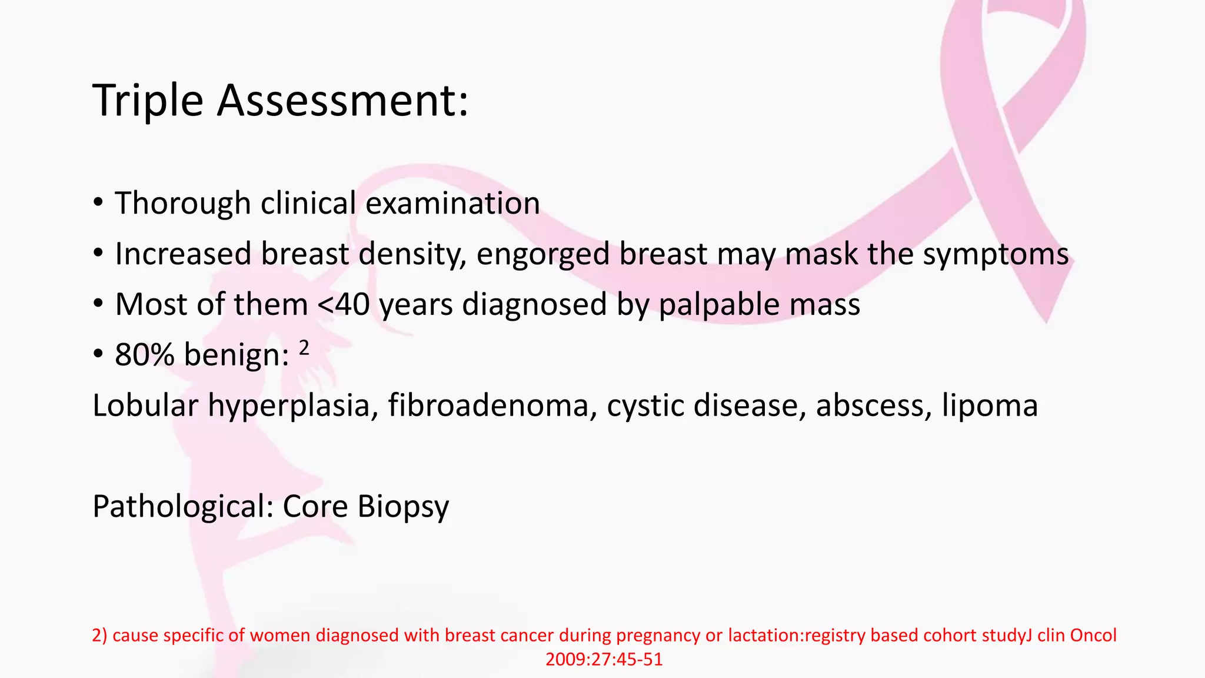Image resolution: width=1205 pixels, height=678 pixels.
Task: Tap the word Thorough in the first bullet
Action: pyautogui.click(x=182, y=204)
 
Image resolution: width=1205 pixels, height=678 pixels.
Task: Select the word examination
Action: pyautogui.click(x=452, y=204)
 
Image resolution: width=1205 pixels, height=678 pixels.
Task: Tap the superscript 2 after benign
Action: pyautogui.click(x=304, y=348)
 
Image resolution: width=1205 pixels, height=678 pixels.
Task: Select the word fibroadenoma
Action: pyautogui.click(x=488, y=406)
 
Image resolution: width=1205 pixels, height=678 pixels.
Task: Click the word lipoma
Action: pyautogui.click(x=990, y=406)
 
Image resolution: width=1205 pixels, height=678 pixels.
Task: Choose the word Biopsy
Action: pyautogui.click(x=403, y=507)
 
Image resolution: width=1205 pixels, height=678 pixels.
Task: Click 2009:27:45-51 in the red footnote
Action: pyautogui.click(x=604, y=660)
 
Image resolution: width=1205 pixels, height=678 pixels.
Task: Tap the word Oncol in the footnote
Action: pyautogui.click(x=1093, y=636)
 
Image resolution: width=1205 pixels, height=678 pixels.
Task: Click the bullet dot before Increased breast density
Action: pyautogui.click(x=98, y=254)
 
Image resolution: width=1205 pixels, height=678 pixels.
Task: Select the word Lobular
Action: pyautogui.click(x=145, y=406)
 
